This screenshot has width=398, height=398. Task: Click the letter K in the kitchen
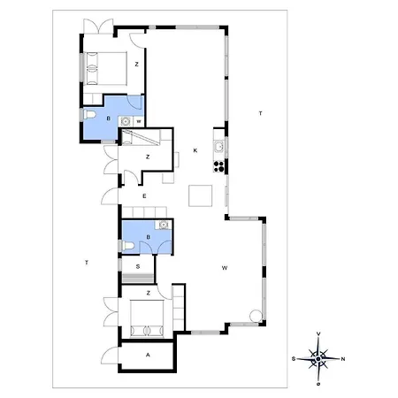tap(195, 150)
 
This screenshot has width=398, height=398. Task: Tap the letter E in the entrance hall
tap(144, 196)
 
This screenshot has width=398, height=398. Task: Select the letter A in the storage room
tap(148, 355)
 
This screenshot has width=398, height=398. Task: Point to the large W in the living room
tap(225, 268)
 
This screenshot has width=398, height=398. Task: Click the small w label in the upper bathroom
tap(139, 121)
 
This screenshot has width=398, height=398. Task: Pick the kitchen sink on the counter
tap(218, 147)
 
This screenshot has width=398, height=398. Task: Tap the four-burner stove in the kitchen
tap(218, 166)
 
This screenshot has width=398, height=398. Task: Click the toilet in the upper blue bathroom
tap(89, 114)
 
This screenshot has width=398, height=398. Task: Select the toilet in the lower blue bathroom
tap(127, 246)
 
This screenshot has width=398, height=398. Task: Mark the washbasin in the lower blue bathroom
tap(163, 225)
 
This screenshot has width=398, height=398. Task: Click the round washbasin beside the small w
tap(126, 121)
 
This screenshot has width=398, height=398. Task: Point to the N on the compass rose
tap(343, 359)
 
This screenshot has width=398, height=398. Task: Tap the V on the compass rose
tap(318, 333)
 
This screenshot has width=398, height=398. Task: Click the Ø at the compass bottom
tap(318, 384)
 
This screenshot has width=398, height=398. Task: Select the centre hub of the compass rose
tap(318, 359)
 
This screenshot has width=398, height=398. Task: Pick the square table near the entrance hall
tap(201, 195)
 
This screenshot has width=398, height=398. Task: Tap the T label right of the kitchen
tap(260, 113)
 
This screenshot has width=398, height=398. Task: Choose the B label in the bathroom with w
tap(109, 119)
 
